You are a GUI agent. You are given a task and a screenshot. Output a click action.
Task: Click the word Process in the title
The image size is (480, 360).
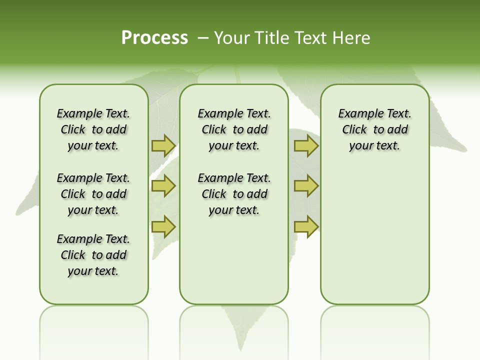154,38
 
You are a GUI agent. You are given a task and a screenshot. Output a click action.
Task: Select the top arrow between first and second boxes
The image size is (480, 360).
163,145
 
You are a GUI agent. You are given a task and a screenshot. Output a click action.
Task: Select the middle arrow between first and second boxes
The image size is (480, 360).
163,186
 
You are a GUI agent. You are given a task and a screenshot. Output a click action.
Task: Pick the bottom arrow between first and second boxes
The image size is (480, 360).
163,226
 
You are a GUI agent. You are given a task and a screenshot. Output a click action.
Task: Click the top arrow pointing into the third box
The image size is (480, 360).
306,145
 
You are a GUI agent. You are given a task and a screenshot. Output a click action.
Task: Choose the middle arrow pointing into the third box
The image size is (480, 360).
306,186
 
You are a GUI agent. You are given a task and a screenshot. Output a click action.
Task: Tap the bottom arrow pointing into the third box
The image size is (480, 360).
306,226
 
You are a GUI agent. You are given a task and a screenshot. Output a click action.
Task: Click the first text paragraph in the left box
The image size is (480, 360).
93,129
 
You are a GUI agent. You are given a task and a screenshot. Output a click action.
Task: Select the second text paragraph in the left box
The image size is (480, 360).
93,194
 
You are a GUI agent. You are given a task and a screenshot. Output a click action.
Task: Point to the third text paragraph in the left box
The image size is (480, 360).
93,255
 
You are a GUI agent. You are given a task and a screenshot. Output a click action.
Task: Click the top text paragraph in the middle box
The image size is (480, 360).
234,129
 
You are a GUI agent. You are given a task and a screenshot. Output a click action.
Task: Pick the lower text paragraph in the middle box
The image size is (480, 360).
234,194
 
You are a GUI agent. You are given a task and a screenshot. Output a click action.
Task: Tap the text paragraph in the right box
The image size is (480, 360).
375,129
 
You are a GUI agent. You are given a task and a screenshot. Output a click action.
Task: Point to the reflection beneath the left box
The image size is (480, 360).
94,325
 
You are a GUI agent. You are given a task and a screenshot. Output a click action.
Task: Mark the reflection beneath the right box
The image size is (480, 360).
375,325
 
